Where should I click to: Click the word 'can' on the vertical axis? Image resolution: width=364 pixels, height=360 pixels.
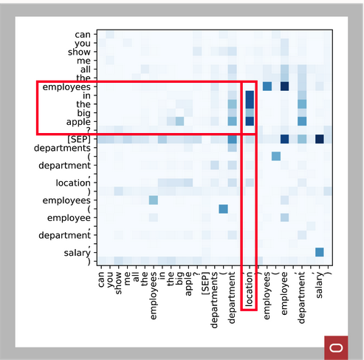pyautogui.click(x=83, y=35)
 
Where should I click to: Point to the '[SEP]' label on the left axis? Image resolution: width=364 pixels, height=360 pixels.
pyautogui.click(x=78, y=139)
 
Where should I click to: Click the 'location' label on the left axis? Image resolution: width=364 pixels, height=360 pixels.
pyautogui.click(x=72, y=183)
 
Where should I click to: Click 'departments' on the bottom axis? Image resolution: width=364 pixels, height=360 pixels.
pyautogui.click(x=215, y=291)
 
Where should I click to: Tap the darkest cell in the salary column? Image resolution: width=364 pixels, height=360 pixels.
pyautogui.click(x=319, y=139)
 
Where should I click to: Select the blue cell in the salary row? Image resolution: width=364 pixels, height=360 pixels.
pyautogui.click(x=319, y=252)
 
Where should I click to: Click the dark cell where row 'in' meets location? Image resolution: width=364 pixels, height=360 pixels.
pyautogui.click(x=249, y=95)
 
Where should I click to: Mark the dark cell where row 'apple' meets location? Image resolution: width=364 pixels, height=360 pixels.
pyautogui.click(x=249, y=121)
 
